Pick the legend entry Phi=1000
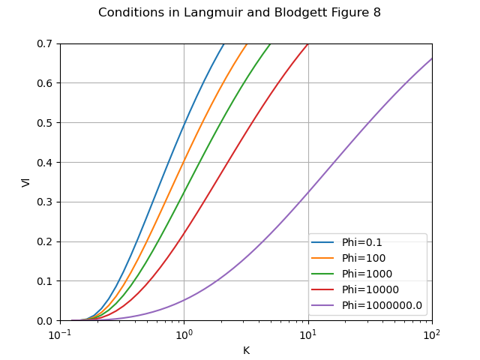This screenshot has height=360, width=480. pos(362,274)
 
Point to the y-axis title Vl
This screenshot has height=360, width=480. pos(25,182)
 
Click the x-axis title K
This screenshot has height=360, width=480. pos(246,350)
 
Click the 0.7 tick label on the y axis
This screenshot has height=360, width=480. pos(45,43)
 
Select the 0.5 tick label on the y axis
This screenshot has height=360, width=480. pos(45,123)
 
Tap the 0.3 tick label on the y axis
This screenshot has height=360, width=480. pos(45,202)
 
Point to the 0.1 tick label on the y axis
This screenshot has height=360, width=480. pos(45,281)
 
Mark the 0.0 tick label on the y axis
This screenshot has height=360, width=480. pos(45,321)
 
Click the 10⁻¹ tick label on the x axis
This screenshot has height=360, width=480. pos(60,334)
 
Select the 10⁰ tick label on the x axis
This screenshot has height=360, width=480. pos(184,334)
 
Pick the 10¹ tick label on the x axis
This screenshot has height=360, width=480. pos(308,334)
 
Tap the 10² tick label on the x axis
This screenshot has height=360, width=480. pos(432,334)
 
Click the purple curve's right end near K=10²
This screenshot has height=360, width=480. pos(431,58)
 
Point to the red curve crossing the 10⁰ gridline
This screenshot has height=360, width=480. pos(184,234)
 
